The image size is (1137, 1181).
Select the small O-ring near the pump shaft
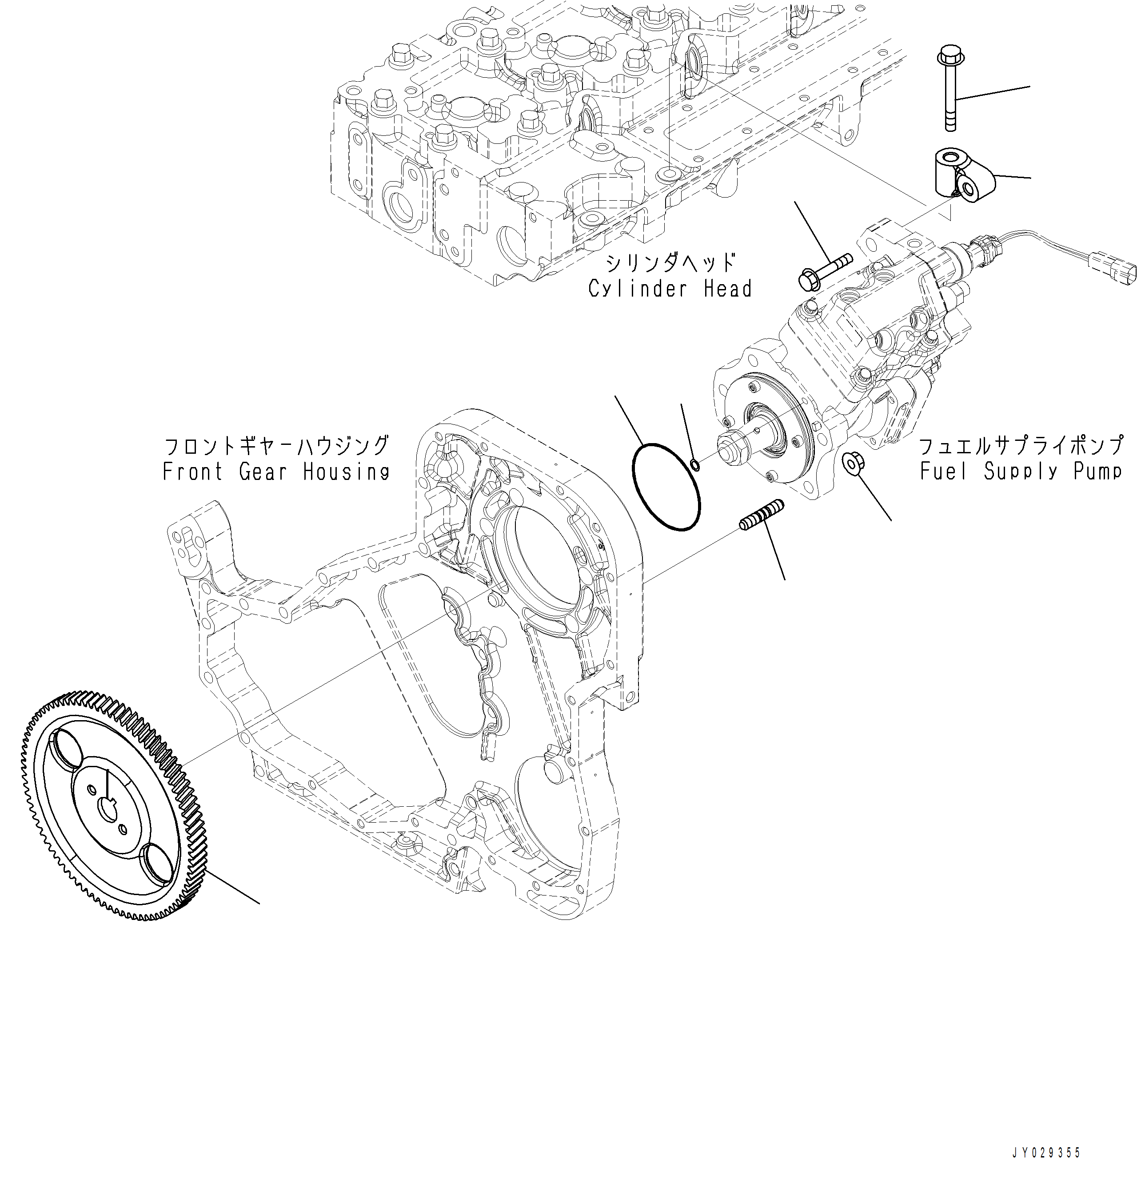point(694,464)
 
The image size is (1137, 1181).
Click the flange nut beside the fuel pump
point(851,463)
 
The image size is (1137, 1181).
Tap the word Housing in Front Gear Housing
point(346,471)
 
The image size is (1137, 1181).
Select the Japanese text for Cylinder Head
point(670,263)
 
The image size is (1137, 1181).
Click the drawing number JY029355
point(1046,1153)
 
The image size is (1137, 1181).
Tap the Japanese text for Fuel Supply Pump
point(1020,446)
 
